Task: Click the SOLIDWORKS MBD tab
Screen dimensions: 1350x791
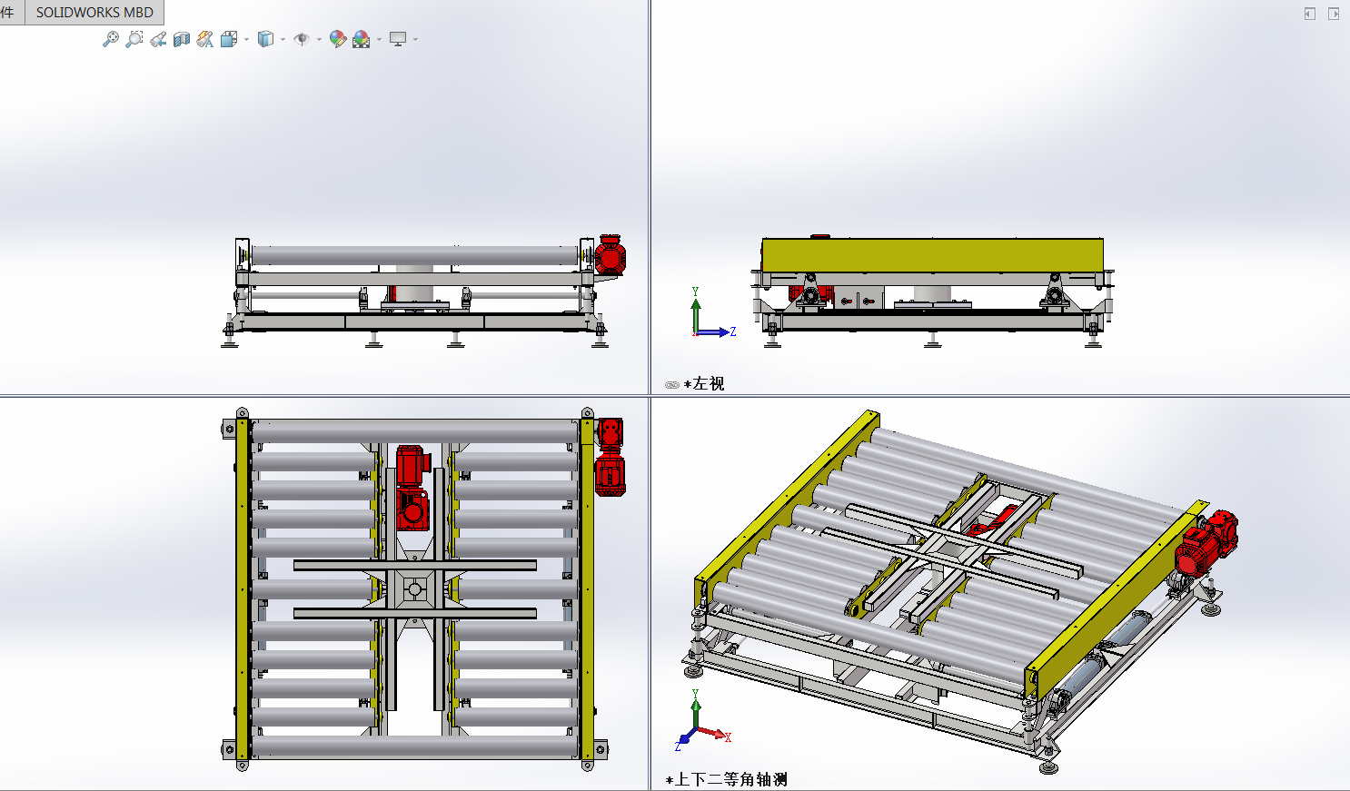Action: point(94,12)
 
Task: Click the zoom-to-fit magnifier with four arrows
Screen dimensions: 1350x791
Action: point(110,40)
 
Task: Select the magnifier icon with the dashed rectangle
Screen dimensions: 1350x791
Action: point(134,40)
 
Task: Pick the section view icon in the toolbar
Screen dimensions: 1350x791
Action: point(182,40)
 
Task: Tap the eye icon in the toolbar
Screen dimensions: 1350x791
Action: point(302,40)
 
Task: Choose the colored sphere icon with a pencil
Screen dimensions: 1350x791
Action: point(338,40)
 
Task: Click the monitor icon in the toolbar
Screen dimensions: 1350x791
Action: point(398,40)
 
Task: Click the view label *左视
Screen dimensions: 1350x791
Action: point(704,384)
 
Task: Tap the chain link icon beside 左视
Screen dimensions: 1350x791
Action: point(672,385)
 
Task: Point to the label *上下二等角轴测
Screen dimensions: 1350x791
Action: point(726,779)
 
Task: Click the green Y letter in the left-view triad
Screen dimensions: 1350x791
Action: point(695,292)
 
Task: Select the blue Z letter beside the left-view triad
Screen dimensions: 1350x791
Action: point(733,331)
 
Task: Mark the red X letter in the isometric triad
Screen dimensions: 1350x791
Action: point(728,737)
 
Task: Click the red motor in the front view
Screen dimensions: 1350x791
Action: point(610,255)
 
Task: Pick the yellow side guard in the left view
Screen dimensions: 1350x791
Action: point(932,255)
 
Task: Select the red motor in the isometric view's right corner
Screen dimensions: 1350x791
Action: point(1206,542)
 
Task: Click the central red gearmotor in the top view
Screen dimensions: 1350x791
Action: point(412,488)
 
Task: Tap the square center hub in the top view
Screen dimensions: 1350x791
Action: point(414,589)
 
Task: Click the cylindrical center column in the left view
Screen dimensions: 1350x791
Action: point(932,294)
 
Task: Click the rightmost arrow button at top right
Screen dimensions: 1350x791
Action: point(1333,14)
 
